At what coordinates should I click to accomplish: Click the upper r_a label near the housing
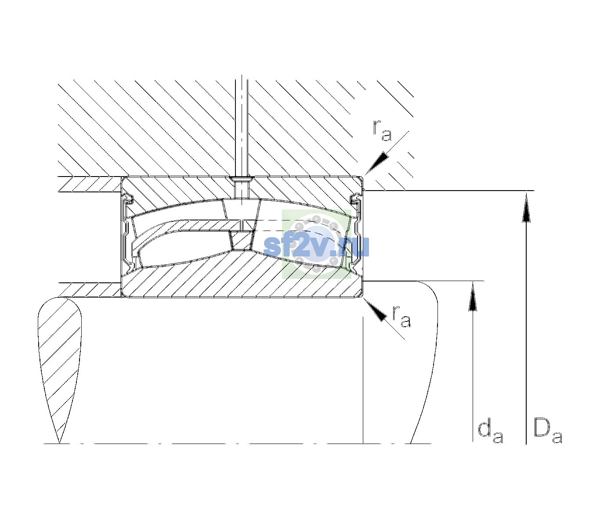tap(382, 131)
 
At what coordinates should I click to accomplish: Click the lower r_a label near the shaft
tap(401, 316)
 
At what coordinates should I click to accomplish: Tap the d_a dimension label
tap(490, 433)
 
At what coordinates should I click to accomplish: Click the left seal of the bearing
tap(128, 231)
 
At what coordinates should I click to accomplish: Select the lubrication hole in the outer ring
tap(242, 187)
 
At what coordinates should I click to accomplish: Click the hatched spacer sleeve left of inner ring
tap(90, 290)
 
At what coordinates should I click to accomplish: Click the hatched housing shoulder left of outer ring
tap(90, 184)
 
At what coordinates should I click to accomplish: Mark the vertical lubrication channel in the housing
tap(242, 126)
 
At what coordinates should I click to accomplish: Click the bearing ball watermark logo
tap(316, 244)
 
